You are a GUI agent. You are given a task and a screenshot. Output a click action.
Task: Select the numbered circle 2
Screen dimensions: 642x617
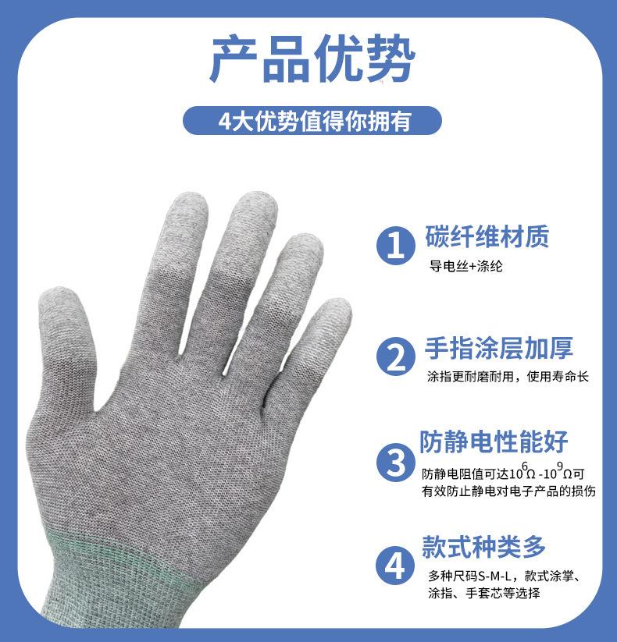[x=396, y=357]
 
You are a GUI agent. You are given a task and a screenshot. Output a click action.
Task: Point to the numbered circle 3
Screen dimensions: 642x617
[x=396, y=462]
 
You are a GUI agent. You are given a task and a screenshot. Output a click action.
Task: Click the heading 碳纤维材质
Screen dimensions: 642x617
[x=487, y=235]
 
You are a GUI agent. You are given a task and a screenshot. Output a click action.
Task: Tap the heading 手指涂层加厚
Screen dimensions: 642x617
[x=499, y=348]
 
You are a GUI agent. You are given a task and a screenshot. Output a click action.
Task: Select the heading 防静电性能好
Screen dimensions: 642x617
[x=494, y=441]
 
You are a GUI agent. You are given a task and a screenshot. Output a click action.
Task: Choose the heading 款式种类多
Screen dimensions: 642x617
[x=484, y=546]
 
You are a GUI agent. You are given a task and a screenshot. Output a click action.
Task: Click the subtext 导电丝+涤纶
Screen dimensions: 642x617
[x=465, y=266]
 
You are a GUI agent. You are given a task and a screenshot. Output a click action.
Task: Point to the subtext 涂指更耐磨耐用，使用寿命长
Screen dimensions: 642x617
[x=508, y=377]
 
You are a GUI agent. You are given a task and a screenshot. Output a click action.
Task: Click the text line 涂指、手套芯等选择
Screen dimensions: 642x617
[x=484, y=594]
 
